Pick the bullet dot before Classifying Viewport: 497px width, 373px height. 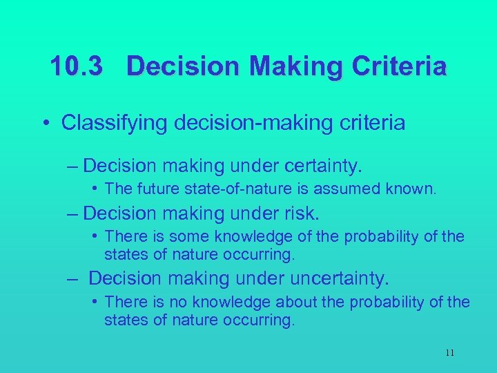(45, 124)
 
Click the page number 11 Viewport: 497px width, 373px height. (449, 353)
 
